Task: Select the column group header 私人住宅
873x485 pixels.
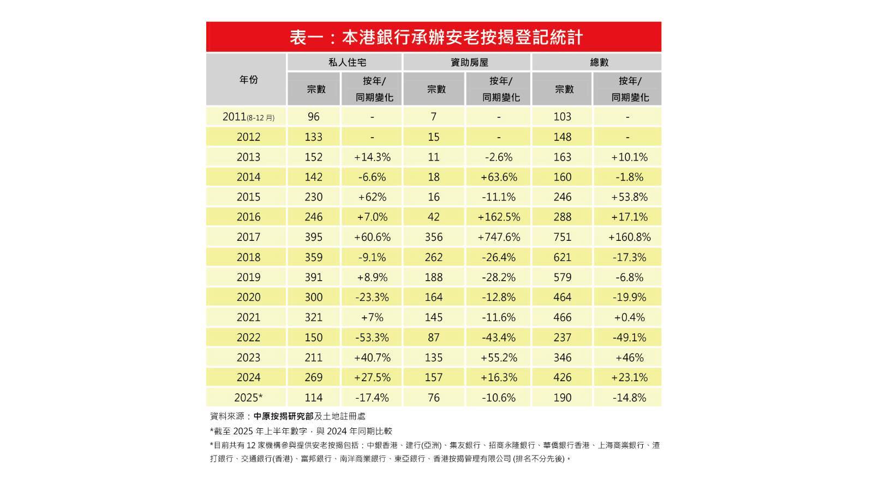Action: (347, 62)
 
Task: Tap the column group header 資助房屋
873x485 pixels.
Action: (469, 62)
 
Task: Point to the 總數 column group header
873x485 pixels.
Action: (599, 62)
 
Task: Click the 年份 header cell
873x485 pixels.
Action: (248, 80)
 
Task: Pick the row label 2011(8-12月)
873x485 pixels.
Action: (248, 117)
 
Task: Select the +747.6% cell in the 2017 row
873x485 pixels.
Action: (499, 237)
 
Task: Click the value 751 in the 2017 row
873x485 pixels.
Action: (563, 237)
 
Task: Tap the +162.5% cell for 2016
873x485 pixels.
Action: (499, 217)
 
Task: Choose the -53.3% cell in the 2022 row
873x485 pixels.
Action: (372, 338)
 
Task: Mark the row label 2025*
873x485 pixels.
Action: (248, 398)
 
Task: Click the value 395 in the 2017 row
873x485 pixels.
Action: (314, 237)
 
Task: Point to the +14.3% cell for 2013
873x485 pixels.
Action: (372, 157)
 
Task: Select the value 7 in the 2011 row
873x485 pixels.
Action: (434, 117)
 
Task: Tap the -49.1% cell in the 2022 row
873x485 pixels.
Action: (630, 338)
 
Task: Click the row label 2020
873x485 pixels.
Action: (248, 297)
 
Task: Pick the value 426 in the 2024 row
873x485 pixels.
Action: (563, 377)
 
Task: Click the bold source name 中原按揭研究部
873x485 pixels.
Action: (283, 416)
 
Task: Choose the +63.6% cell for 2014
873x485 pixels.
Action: (499, 177)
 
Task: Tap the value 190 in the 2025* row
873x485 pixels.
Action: (563, 398)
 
